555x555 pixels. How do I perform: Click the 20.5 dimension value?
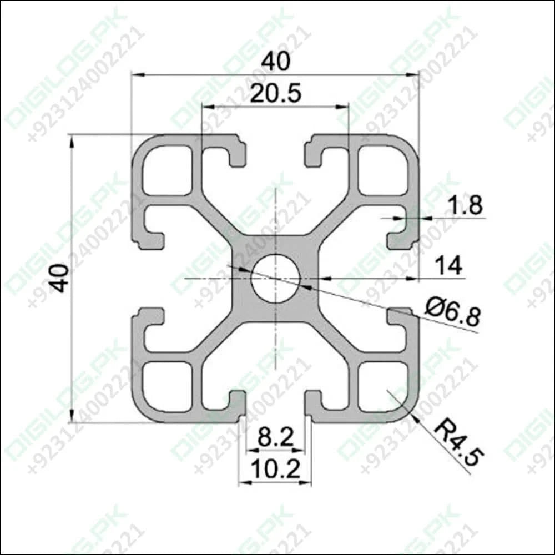tap(275, 94)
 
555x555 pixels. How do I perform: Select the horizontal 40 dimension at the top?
tap(276, 62)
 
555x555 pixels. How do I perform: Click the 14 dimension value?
tap(448, 266)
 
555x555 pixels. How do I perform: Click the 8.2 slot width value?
tap(275, 438)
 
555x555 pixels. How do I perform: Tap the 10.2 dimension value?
tap(275, 471)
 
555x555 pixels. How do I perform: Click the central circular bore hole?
tap(275, 278)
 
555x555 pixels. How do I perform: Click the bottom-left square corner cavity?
tap(167, 386)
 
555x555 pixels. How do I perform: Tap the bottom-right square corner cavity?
tap(383, 386)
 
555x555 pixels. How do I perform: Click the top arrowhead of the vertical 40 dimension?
tap(72, 138)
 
